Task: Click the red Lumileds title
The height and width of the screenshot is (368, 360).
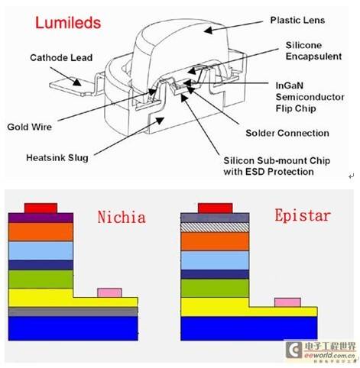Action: pos(68,23)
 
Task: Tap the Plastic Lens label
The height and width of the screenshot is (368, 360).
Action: pos(297,21)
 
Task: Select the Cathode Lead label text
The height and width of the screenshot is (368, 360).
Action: pos(61,58)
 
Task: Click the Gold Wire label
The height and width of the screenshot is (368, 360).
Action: pos(30,127)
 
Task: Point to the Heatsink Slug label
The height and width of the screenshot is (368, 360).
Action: pos(57,158)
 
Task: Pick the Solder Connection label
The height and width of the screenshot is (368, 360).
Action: pos(287,133)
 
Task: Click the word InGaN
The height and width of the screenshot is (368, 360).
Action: pos(290,86)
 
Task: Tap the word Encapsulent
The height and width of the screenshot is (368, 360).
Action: pos(313,56)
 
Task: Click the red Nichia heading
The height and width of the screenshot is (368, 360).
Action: pos(122,217)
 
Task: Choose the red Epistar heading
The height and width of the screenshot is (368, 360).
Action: pos(303,216)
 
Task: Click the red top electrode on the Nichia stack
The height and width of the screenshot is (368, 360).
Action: pos(41,208)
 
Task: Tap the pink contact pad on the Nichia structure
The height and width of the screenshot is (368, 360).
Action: pos(109,292)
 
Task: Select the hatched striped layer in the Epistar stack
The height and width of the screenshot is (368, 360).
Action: pos(215,228)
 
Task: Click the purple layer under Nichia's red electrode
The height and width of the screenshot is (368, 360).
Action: pos(41,218)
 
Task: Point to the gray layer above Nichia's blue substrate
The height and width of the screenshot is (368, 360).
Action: pos(73,312)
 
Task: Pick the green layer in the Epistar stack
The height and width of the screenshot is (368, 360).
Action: pos(215,288)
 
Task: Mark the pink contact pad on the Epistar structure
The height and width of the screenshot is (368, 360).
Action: pos(287,302)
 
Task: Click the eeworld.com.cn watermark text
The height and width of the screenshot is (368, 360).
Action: pos(330,355)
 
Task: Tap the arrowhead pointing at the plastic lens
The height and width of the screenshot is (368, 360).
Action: pos(209,31)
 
